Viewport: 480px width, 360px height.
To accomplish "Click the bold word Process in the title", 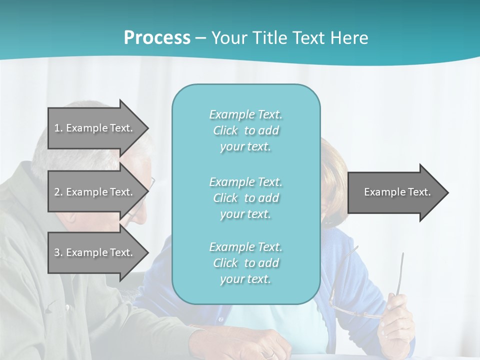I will (157, 38).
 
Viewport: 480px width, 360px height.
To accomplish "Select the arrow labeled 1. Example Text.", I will (95, 128).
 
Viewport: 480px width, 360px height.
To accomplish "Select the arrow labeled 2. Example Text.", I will (95, 192).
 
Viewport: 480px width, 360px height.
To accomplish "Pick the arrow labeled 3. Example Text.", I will (95, 252).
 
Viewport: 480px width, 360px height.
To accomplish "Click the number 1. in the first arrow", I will (58, 128).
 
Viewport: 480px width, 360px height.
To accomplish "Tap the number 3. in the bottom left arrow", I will (58, 252).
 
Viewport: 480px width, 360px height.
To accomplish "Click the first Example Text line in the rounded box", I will (245, 115).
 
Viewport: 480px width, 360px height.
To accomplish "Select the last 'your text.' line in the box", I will (245, 279).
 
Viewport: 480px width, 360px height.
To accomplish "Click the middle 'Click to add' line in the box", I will (245, 198).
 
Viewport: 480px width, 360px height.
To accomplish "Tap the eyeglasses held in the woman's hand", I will (350, 300).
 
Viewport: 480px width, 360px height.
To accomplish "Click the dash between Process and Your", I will (201, 38).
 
